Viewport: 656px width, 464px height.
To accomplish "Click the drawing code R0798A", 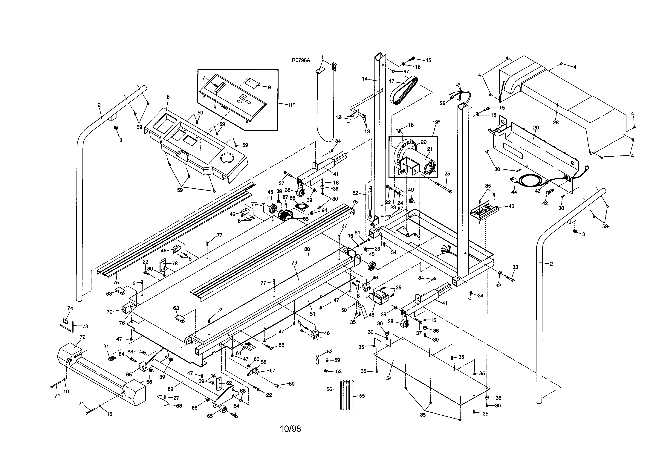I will click(301, 60).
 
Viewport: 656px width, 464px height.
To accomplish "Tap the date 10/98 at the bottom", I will click(290, 429).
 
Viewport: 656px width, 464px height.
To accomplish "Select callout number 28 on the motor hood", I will click(555, 123).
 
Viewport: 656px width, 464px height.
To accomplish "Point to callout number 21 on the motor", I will click(430, 149).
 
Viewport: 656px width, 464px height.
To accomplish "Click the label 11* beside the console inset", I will click(291, 105).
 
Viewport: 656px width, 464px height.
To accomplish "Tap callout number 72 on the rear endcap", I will click(82, 337).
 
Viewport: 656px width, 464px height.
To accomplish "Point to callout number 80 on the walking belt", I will click(307, 249).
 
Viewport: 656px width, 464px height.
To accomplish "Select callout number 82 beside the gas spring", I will click(355, 193).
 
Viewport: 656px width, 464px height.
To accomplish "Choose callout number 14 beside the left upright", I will click(365, 79).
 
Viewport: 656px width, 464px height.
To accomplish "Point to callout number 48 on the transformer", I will click(371, 315).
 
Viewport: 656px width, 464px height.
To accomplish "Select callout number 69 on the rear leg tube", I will click(171, 389).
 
